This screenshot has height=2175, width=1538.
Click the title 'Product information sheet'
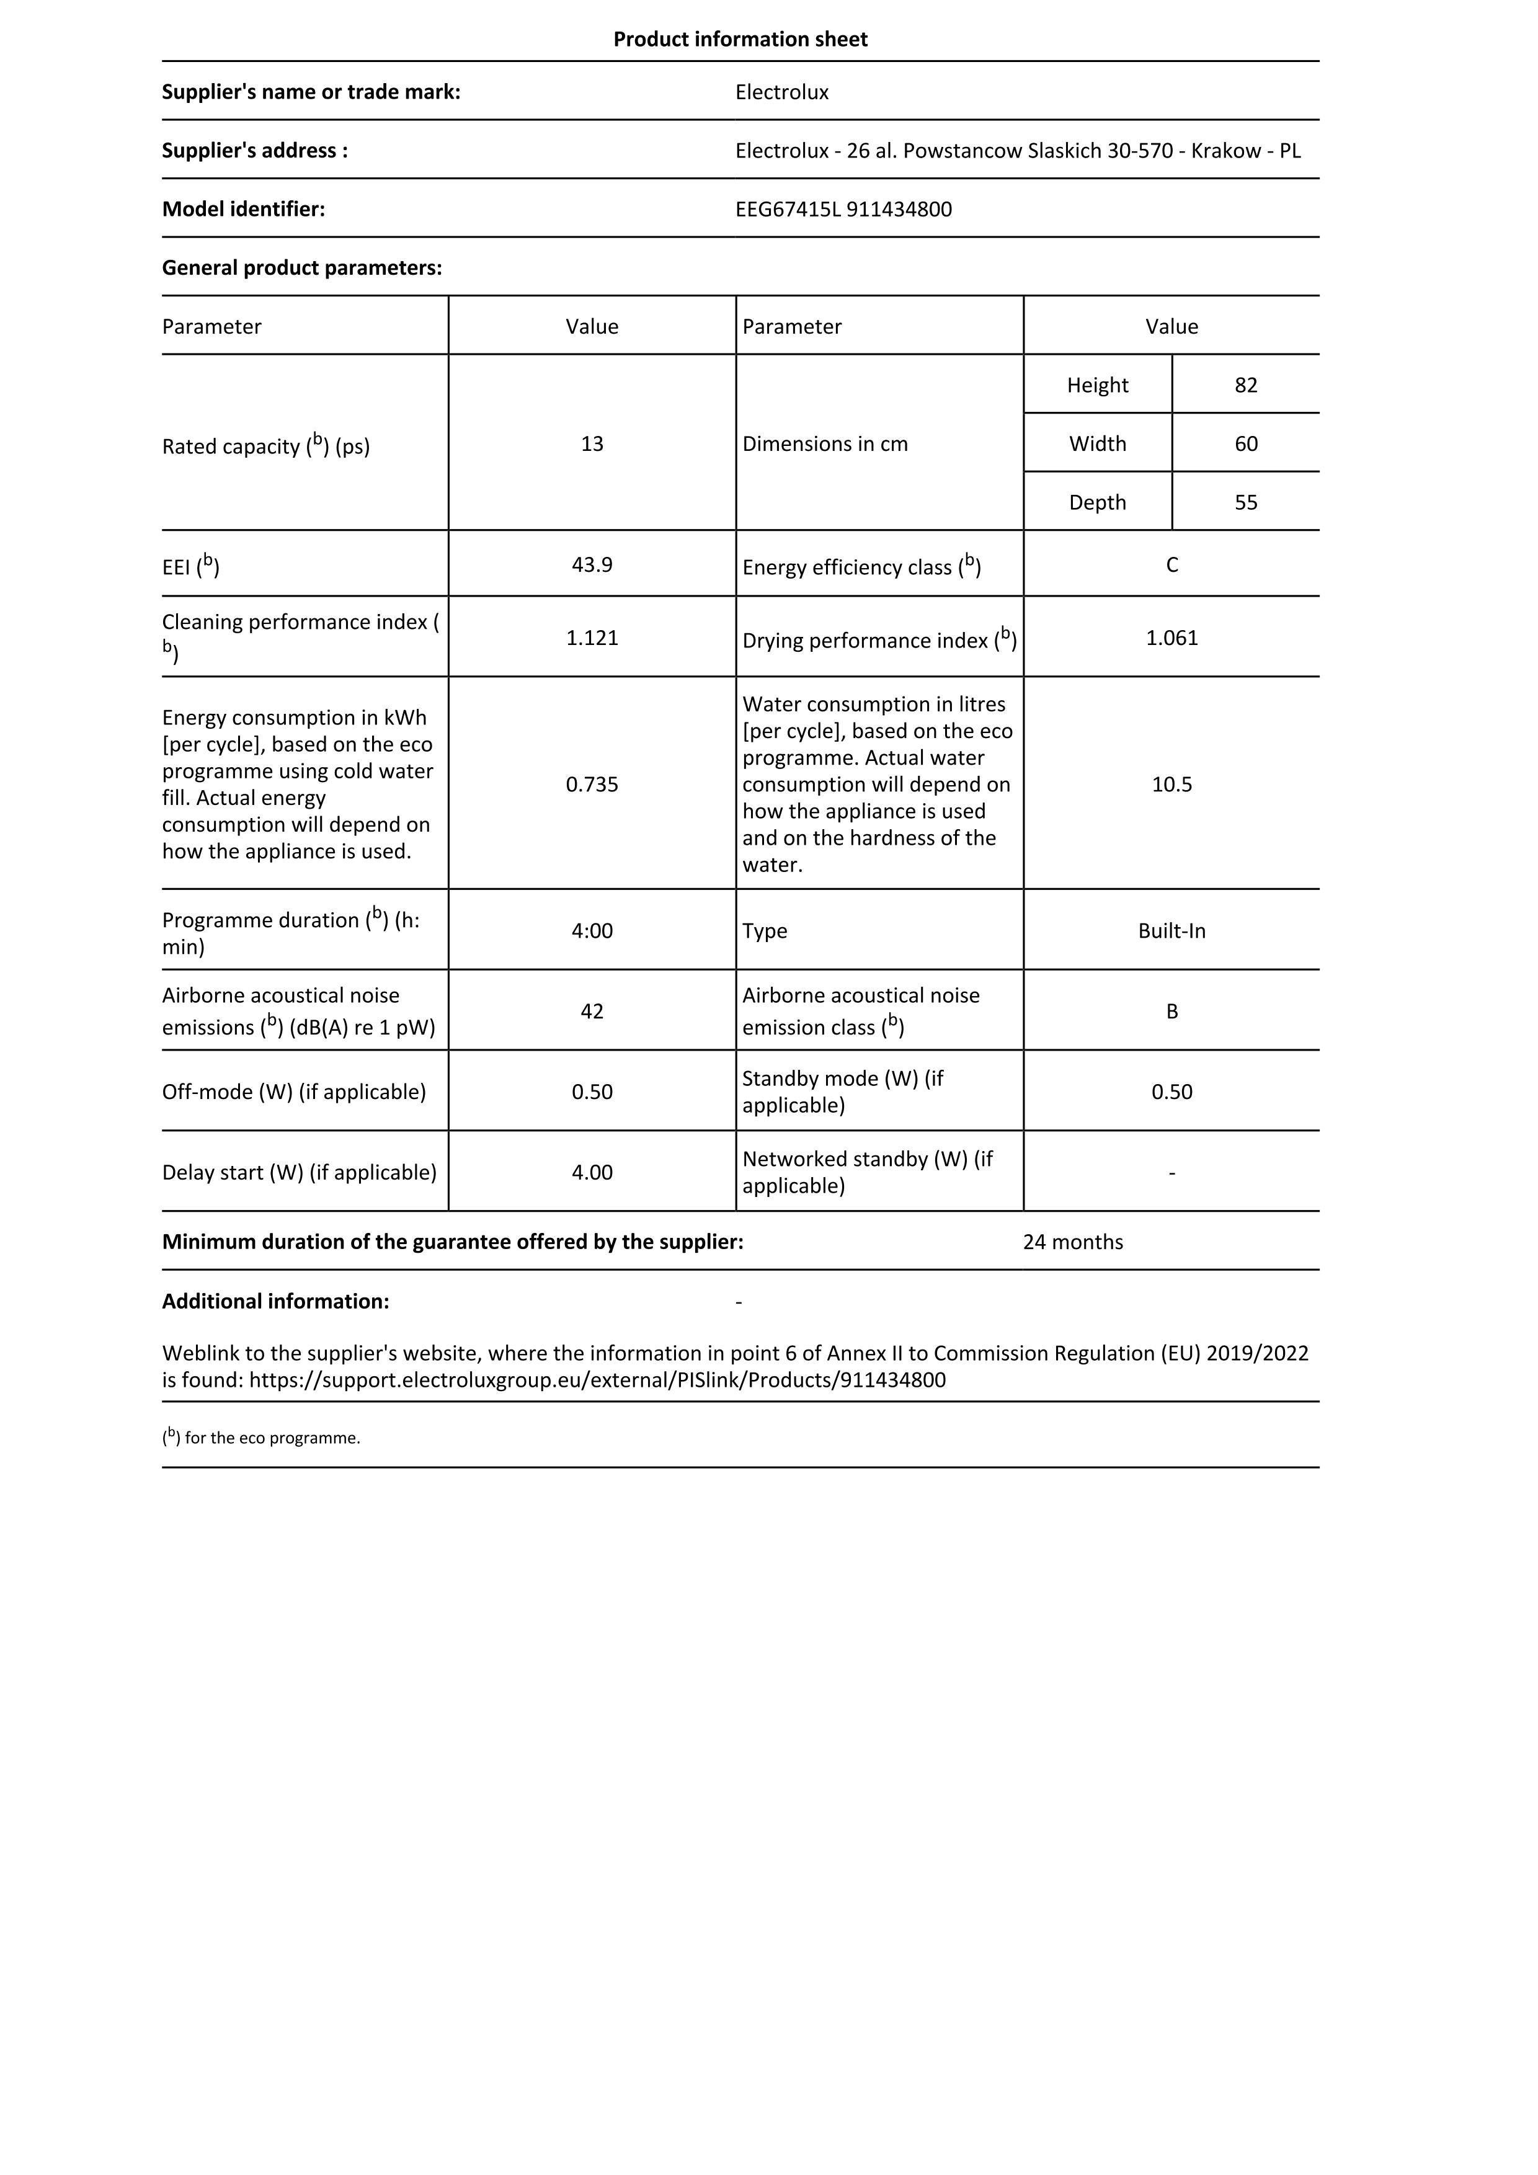[x=740, y=39]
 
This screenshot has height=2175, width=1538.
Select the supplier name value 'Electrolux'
[x=781, y=92]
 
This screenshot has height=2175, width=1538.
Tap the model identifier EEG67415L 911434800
[x=843, y=210]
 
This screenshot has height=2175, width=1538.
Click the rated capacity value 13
[x=592, y=443]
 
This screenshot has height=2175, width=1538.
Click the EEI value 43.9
[x=592, y=564]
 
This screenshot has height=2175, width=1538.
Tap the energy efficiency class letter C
[x=1171, y=564]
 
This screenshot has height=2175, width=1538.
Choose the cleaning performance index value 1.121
[x=592, y=638]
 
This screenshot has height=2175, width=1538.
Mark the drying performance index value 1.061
[x=1171, y=638]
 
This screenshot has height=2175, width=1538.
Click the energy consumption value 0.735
[x=592, y=785]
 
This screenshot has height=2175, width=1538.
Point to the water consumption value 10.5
[x=1171, y=785]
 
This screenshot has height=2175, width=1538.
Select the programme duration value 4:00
[x=592, y=930]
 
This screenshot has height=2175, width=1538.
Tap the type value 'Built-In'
[x=1171, y=930]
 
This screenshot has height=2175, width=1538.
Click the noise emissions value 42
[x=592, y=1011]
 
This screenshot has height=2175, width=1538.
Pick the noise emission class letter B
[x=1171, y=1011]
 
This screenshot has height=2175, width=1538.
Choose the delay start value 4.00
[x=592, y=1172]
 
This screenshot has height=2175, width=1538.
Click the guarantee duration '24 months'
[x=1072, y=1242]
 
